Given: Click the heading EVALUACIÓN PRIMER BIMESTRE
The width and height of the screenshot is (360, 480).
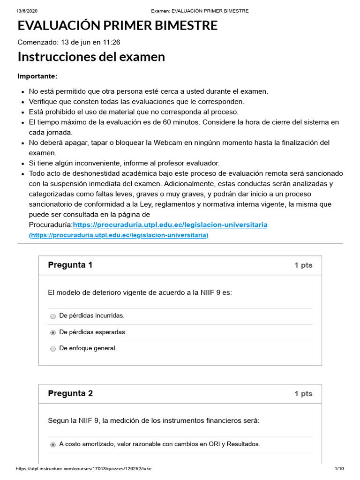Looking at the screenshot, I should pos(117,26).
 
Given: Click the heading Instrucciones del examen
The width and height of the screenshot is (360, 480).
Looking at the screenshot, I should pos(91,57).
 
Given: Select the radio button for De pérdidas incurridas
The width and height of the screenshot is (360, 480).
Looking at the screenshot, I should pos(53,316).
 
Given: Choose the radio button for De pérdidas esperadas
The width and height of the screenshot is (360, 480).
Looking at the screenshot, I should pos(53,333).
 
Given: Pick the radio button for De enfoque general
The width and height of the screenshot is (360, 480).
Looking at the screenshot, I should pos(53,349).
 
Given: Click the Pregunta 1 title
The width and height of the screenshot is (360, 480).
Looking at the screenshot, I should pos(70,265).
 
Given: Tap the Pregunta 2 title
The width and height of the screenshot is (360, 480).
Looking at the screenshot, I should pos(70,393).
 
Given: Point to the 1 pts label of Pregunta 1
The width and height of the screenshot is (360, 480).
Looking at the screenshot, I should pos(303,265).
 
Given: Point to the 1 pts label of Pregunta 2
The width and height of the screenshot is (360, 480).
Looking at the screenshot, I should pos(303,394).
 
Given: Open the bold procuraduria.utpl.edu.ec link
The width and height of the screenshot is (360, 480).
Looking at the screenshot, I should pos(170,225).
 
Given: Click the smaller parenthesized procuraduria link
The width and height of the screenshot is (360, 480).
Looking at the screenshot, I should pos(119,235).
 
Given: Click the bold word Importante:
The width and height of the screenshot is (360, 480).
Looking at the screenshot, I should pos(37,76).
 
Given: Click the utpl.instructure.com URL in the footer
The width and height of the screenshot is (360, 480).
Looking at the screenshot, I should pos(83,469).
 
